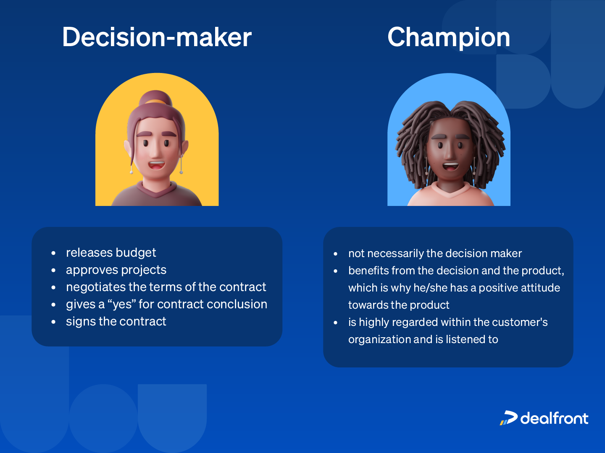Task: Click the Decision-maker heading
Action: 157,37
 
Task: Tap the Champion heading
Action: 448,37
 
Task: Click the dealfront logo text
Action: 554,418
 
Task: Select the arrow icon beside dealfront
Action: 509,418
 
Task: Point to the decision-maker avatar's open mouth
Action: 156,165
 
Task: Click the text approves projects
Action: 116,270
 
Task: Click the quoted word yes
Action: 122,304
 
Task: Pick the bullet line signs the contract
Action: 116,321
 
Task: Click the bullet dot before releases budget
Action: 53,253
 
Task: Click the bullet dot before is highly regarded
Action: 336,323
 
